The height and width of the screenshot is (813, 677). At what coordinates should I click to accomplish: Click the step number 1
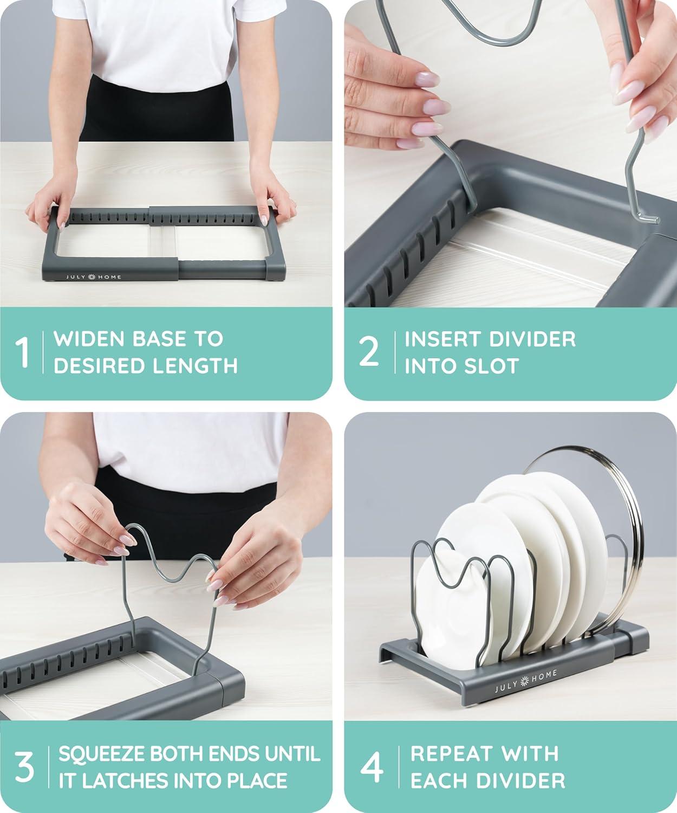pyautogui.click(x=22, y=353)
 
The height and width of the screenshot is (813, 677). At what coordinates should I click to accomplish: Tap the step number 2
pyautogui.click(x=369, y=352)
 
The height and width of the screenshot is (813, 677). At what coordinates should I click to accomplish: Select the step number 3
pyautogui.click(x=24, y=767)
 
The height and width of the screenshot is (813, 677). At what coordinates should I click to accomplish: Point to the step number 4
pyautogui.click(x=372, y=767)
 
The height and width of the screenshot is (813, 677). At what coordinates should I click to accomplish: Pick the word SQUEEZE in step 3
pyautogui.click(x=101, y=754)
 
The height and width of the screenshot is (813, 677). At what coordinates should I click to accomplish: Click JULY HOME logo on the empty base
pyautogui.click(x=94, y=278)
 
